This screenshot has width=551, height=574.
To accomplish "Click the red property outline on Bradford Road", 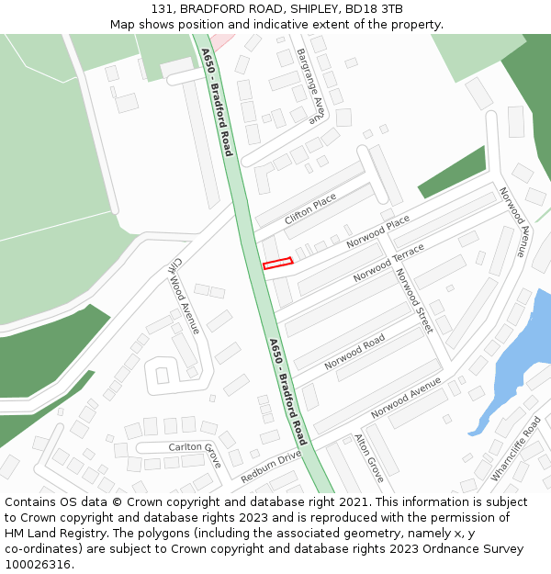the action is tap(277, 264).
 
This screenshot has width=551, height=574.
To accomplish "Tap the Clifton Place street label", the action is tap(310, 208).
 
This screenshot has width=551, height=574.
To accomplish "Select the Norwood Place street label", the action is tap(377, 231).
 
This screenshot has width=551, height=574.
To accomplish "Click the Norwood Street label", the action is tap(412, 300).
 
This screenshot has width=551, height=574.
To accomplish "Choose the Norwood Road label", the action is tap(354, 353).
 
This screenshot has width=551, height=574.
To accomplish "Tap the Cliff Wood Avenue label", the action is tap(185, 295).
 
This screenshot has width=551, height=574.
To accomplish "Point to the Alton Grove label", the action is tap(369, 458).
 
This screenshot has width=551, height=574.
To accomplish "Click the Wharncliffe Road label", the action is tap(516, 449).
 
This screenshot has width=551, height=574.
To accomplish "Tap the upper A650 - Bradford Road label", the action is tap(219, 101).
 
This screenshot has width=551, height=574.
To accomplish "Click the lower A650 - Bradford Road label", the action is tap(287, 391).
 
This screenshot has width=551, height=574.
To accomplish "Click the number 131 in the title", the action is tap(163, 9).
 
